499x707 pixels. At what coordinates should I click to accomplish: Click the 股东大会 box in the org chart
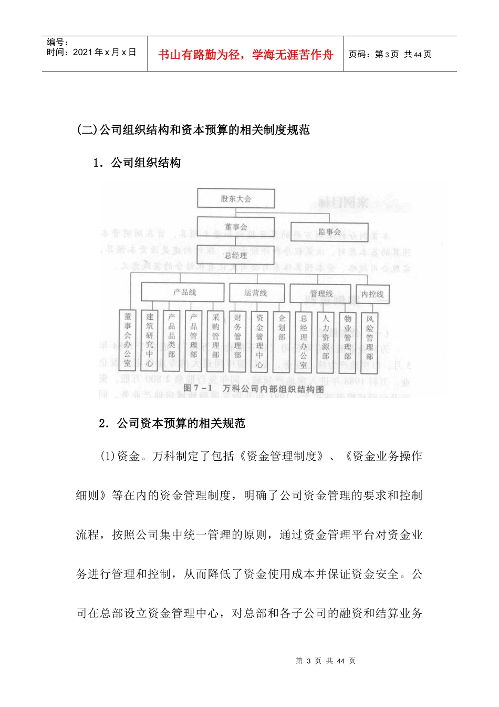coord(236,198)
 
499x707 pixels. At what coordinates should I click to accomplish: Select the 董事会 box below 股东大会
coord(236,227)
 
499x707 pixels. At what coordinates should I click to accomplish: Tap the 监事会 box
coord(329,231)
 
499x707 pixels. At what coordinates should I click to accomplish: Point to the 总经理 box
coord(236,256)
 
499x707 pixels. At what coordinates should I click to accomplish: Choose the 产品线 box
coord(184,292)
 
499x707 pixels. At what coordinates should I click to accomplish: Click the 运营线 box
coord(256,292)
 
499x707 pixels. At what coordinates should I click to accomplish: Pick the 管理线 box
coord(320,293)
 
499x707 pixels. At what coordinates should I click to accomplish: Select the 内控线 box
coord(372,294)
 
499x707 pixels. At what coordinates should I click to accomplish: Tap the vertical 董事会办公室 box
coord(128,340)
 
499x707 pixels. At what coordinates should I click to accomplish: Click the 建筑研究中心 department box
coord(150,340)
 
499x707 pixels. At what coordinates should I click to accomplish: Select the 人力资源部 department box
coord(326,341)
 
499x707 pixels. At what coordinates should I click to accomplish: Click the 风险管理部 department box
coord(370,341)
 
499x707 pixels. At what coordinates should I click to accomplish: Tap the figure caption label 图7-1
coord(197,388)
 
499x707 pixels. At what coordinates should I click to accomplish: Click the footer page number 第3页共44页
coord(326,661)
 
